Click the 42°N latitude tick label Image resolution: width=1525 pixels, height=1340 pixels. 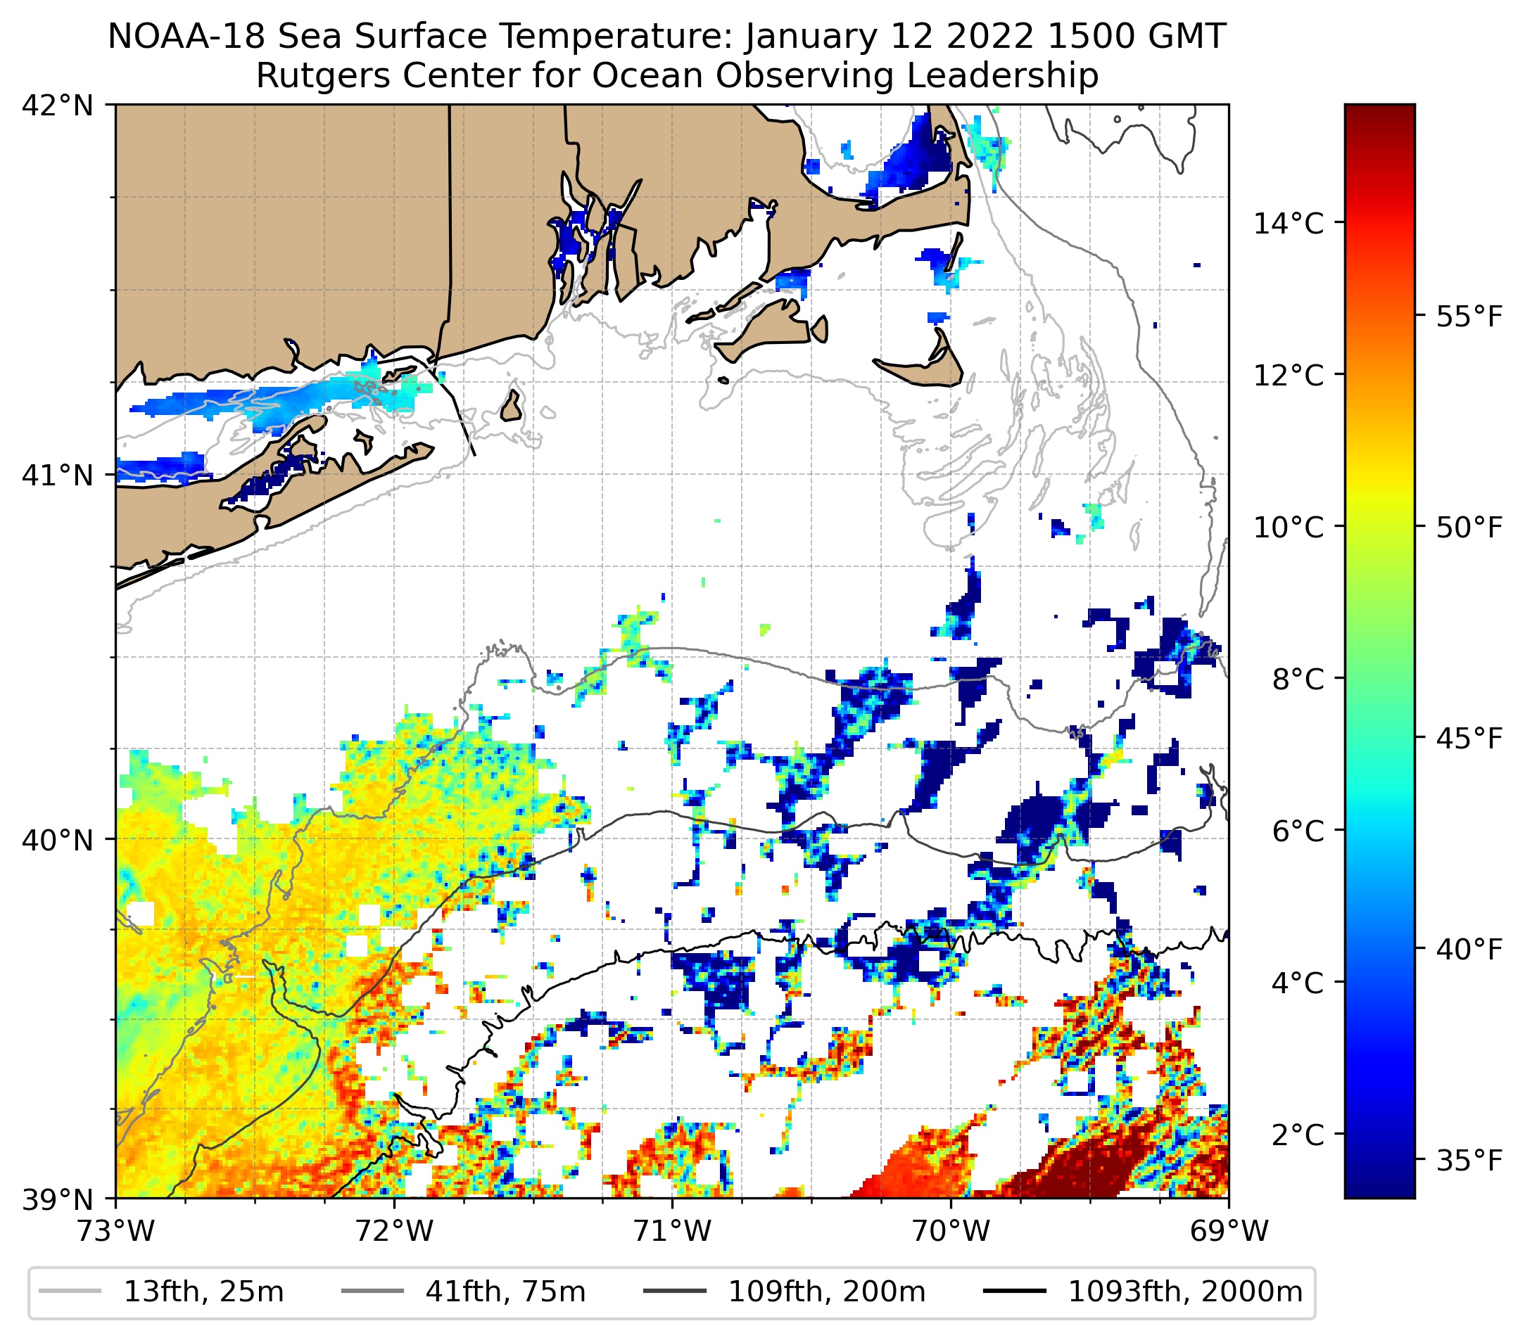pyautogui.click(x=58, y=106)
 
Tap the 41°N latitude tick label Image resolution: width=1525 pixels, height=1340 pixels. pyautogui.click(x=58, y=475)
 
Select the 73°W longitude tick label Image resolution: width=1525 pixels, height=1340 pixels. pyautogui.click(x=115, y=1231)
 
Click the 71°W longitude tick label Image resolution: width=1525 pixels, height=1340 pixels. pyautogui.click(x=672, y=1231)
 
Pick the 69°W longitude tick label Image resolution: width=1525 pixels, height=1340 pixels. pyautogui.click(x=1229, y=1231)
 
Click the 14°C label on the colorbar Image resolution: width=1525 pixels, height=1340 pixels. pyautogui.click(x=1289, y=223)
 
